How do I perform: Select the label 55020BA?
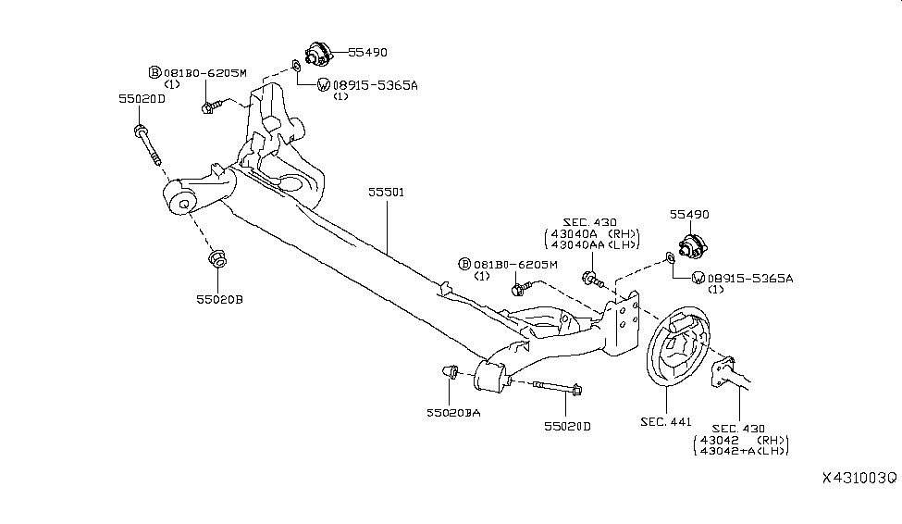(x=453, y=412)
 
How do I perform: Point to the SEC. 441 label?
(x=665, y=422)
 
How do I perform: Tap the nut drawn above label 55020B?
(x=218, y=258)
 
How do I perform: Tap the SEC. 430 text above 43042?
(x=739, y=428)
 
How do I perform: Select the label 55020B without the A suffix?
(x=219, y=299)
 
